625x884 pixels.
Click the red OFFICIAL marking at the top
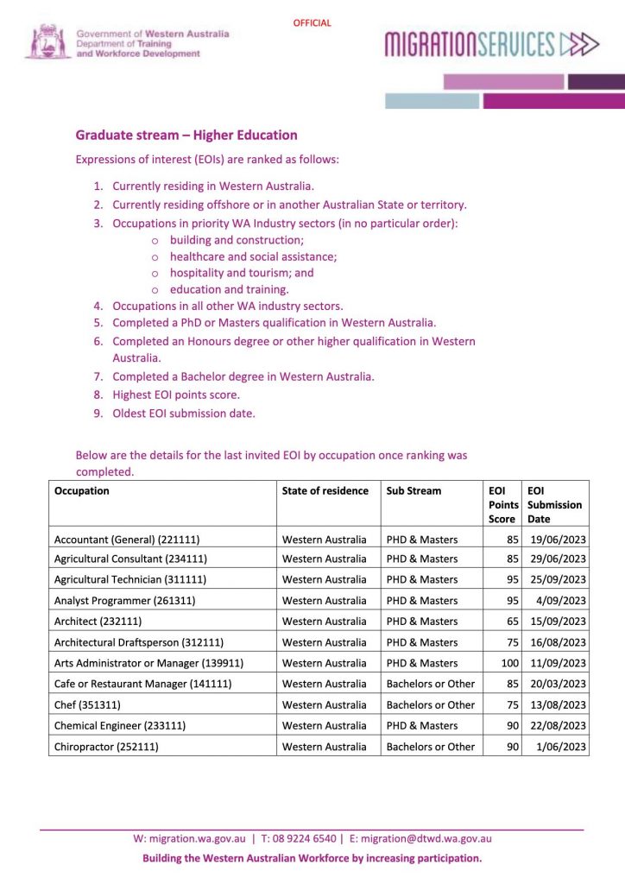point(312,23)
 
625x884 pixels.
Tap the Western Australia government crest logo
point(47,41)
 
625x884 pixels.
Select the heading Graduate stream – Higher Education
point(186,135)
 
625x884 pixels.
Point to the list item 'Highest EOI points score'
point(176,395)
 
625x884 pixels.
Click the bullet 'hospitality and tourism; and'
point(242,272)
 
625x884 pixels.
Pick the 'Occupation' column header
point(82,490)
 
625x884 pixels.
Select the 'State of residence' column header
point(325,490)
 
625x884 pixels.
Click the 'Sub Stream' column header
point(414,490)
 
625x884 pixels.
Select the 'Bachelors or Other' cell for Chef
point(430,704)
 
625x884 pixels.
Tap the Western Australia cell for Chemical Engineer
point(325,725)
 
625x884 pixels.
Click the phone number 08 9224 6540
point(303,838)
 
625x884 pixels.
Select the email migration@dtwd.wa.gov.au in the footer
point(426,838)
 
